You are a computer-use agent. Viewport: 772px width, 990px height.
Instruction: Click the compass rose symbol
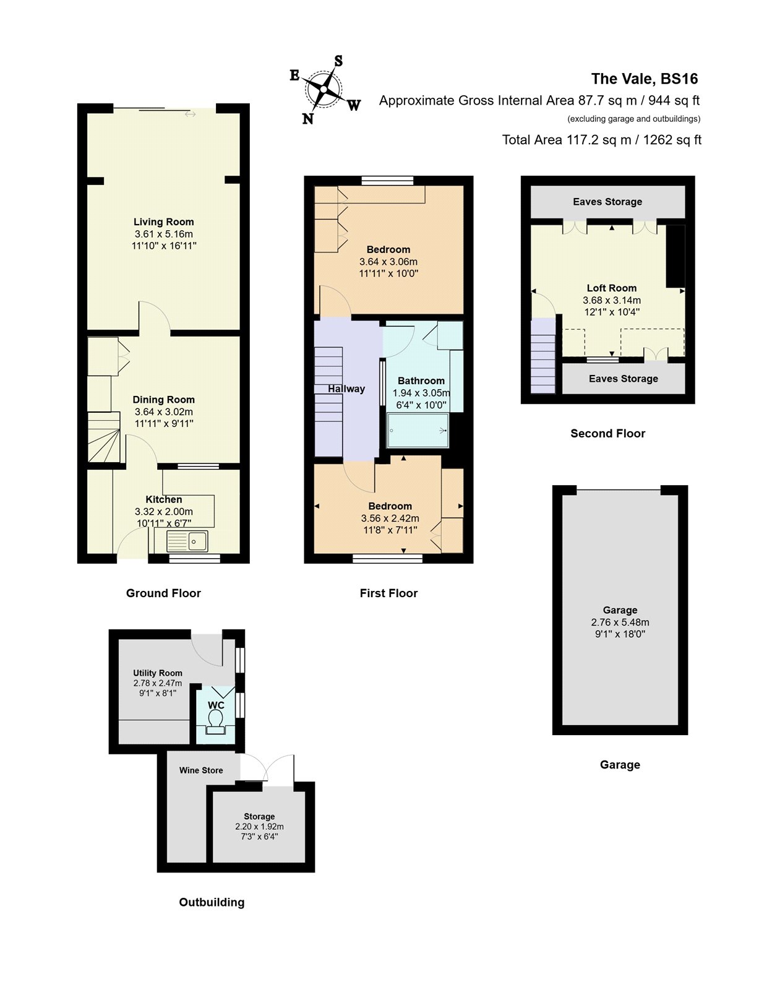(324, 90)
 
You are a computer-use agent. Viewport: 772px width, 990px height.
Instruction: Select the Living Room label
(164, 222)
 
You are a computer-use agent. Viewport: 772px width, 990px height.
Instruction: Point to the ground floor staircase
(103, 437)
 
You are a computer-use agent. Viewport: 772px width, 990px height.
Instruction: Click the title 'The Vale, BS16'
(644, 79)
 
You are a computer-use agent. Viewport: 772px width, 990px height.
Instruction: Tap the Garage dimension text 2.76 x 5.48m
(620, 622)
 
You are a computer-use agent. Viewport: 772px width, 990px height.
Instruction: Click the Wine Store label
(201, 770)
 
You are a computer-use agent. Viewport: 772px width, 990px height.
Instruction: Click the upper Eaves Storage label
(607, 202)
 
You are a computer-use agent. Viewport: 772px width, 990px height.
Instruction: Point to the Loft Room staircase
(543, 356)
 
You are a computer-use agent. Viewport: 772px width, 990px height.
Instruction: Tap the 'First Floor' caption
(388, 593)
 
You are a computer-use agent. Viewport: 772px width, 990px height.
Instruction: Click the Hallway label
(346, 389)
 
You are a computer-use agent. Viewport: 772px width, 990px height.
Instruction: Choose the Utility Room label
(158, 673)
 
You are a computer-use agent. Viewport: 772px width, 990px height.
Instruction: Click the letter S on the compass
(338, 61)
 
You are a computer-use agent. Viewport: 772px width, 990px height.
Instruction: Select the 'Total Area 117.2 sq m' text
(601, 140)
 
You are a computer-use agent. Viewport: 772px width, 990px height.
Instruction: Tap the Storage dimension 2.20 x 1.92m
(259, 827)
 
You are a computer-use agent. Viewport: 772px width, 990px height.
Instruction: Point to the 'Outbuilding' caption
(212, 902)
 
